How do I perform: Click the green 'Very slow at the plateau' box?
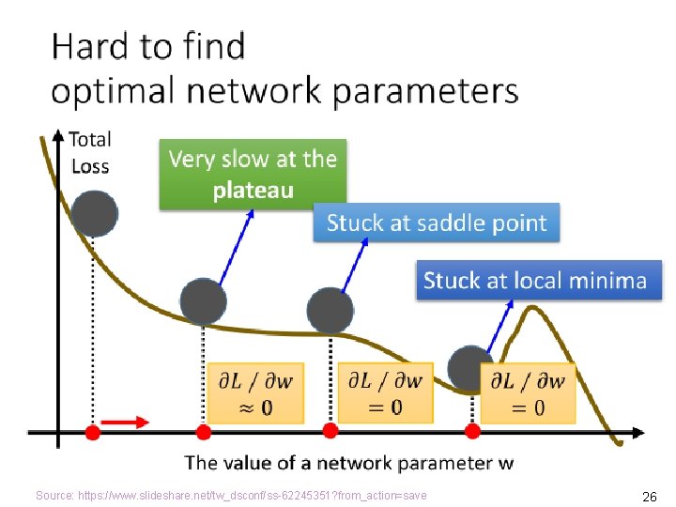(253, 174)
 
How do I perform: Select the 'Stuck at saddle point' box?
(436, 223)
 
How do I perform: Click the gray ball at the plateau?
(204, 301)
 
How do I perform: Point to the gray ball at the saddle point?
(330, 310)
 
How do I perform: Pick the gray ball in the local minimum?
(469, 368)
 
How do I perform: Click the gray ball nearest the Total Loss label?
(94, 213)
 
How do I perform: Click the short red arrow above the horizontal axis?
(125, 422)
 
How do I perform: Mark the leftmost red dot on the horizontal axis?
(92, 432)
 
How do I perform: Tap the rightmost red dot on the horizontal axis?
(472, 431)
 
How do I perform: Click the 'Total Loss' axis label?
(89, 153)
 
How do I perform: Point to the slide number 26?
(648, 496)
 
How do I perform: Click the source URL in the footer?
(231, 495)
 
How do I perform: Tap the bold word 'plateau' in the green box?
(253, 191)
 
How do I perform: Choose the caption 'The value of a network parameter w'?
(349, 462)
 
